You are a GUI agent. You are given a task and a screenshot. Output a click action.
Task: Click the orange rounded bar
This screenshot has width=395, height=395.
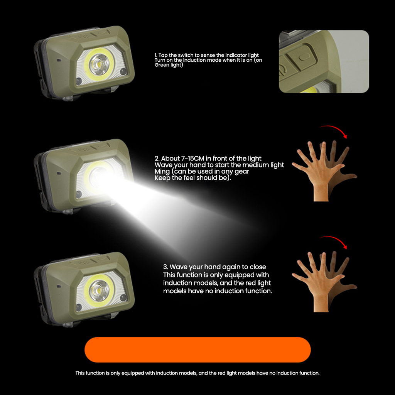tap(197, 349)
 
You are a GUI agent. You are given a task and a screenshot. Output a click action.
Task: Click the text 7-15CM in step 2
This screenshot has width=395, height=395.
tap(192, 159)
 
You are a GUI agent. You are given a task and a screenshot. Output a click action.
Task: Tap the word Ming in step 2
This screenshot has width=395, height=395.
tap(162, 172)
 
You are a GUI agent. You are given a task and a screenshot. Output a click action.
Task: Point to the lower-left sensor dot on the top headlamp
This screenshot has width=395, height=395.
tap(79, 81)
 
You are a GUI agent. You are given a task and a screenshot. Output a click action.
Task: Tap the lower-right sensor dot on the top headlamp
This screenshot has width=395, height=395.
tap(123, 71)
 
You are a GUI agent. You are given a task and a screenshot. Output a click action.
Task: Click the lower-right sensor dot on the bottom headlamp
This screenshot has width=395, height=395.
tap(123, 298)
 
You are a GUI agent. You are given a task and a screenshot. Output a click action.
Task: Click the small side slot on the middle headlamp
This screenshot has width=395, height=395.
tap(59, 173)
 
